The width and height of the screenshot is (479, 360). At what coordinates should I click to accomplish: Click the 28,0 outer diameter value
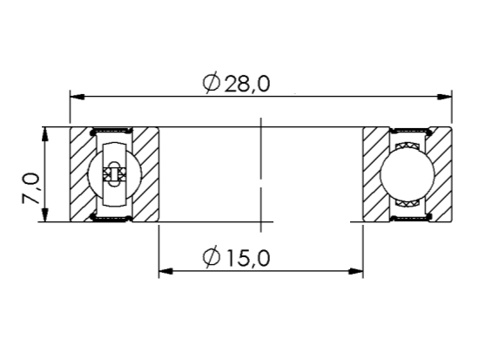click(247, 84)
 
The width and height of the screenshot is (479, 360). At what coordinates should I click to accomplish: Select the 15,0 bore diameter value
click(247, 257)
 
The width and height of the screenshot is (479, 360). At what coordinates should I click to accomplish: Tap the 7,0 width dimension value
click(30, 188)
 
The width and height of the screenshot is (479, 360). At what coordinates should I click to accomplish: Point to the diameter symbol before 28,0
click(212, 83)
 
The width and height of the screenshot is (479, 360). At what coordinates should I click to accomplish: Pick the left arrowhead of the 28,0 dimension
click(77, 97)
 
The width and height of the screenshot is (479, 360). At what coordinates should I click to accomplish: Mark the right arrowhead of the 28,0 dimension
click(445, 97)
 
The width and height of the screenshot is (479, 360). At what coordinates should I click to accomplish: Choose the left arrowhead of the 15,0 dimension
click(165, 271)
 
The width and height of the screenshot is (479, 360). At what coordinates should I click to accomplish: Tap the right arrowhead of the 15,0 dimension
click(356, 271)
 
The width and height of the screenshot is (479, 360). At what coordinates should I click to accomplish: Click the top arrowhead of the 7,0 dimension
click(45, 134)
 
